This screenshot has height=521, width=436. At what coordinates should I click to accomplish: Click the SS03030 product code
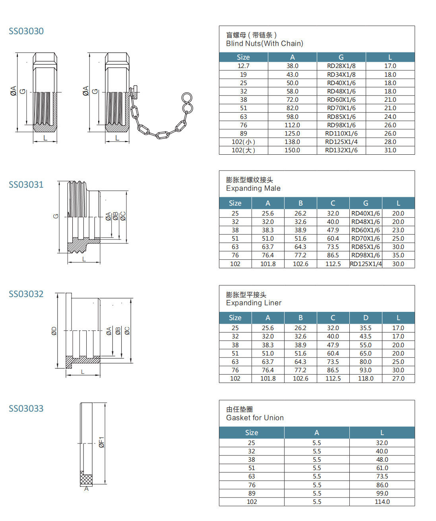[x=26, y=31]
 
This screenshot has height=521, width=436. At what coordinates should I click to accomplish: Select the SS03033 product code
[x=26, y=408]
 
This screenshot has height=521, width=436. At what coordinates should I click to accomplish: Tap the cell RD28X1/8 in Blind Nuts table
[x=341, y=66]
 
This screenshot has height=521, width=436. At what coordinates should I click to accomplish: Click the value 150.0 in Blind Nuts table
[x=292, y=150]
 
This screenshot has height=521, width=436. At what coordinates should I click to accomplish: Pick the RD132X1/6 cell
[x=341, y=150]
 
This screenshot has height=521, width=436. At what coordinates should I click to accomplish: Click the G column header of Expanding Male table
[x=366, y=203]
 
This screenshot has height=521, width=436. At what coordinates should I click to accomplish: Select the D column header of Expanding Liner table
[x=366, y=318]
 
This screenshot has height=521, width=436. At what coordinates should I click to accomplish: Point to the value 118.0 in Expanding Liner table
[x=366, y=379]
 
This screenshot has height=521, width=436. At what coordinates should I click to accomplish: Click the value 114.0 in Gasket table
[x=382, y=502]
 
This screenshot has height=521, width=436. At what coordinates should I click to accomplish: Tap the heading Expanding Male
[x=253, y=189]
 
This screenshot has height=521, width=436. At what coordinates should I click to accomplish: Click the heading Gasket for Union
[x=255, y=418]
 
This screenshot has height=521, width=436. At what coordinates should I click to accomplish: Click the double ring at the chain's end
[x=187, y=103]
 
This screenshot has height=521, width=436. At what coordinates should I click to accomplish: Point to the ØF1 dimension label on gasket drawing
[x=102, y=442]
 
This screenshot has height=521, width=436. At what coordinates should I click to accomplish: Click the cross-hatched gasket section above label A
[x=86, y=478]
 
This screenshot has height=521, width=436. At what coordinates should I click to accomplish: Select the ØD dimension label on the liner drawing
[x=54, y=330]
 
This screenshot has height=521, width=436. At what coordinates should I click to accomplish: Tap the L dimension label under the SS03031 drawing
[x=84, y=259]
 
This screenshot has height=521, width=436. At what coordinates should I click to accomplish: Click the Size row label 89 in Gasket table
[x=252, y=494]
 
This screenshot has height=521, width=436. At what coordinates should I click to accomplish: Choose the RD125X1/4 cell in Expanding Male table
[x=366, y=264]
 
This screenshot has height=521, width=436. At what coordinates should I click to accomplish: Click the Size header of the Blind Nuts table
[x=243, y=57]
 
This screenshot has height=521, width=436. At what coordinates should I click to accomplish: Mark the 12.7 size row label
[x=243, y=66]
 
